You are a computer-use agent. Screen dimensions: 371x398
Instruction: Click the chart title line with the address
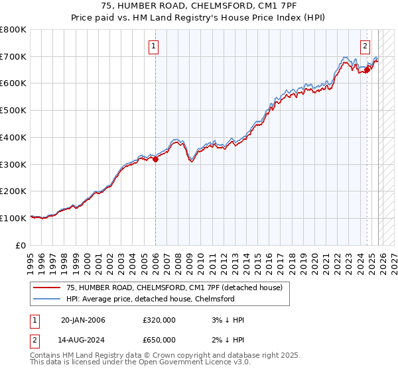click(199, 6)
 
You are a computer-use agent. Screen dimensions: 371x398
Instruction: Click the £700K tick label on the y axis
click(13, 56)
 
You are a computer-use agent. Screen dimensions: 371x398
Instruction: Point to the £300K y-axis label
click(13, 164)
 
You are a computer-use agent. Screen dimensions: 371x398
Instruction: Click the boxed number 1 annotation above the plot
click(154, 46)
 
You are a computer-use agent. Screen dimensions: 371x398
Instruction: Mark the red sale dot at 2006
click(155, 159)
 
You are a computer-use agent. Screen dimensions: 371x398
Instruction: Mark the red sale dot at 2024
click(367, 70)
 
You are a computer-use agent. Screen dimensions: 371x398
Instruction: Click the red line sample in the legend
click(46, 288)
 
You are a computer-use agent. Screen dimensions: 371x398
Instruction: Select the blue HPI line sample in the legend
click(46, 299)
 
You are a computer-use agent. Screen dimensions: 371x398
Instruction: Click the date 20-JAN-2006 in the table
click(82, 320)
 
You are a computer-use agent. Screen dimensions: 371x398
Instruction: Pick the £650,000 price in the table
click(159, 339)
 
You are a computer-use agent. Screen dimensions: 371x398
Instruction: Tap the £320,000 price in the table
click(159, 320)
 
